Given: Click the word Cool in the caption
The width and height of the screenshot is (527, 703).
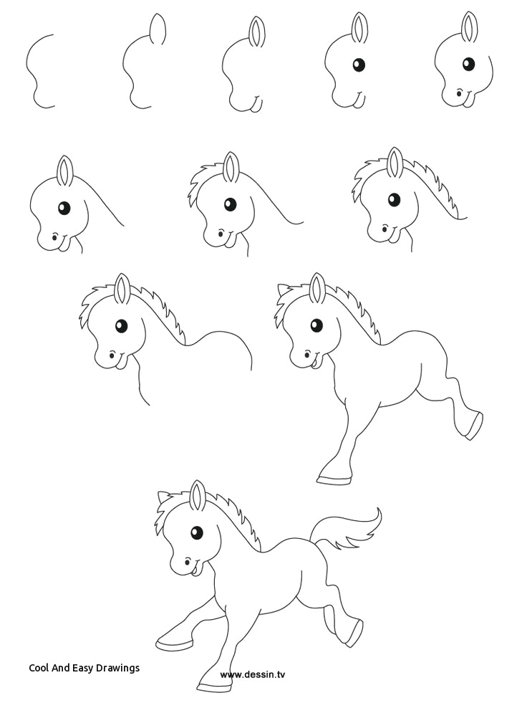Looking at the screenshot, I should click(x=40, y=667).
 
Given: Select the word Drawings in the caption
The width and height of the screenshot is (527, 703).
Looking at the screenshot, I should click(x=119, y=667).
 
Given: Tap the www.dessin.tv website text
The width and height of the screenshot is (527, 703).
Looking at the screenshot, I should click(x=253, y=674).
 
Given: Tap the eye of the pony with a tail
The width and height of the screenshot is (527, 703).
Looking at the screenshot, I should click(x=196, y=532).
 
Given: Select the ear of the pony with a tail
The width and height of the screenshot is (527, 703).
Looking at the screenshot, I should click(x=198, y=495).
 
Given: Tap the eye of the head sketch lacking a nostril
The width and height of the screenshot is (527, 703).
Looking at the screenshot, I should click(x=359, y=64).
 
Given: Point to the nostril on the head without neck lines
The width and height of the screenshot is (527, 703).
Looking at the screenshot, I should click(x=459, y=92).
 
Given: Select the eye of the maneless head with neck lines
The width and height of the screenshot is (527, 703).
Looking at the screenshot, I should click(x=64, y=209).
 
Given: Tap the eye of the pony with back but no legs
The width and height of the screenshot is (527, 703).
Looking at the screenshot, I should click(x=121, y=326).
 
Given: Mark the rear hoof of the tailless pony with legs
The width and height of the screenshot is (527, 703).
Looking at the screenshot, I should click(x=472, y=427).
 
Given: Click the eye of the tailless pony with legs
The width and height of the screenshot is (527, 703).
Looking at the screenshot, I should click(x=316, y=325).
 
